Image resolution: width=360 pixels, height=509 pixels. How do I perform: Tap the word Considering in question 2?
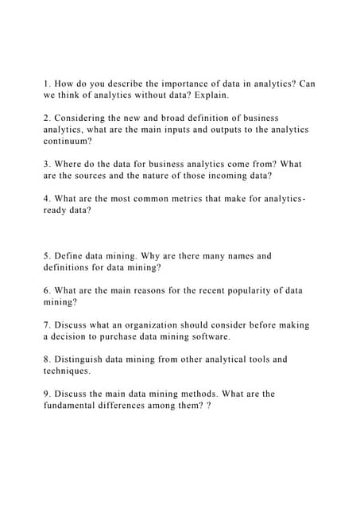click(x=84, y=118)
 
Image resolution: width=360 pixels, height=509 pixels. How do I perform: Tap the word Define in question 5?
click(x=69, y=256)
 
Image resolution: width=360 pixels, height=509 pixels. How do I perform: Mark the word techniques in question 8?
click(x=67, y=371)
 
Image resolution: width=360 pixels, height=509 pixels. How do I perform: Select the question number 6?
click(x=46, y=290)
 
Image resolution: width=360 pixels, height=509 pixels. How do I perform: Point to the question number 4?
click(x=46, y=199)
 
